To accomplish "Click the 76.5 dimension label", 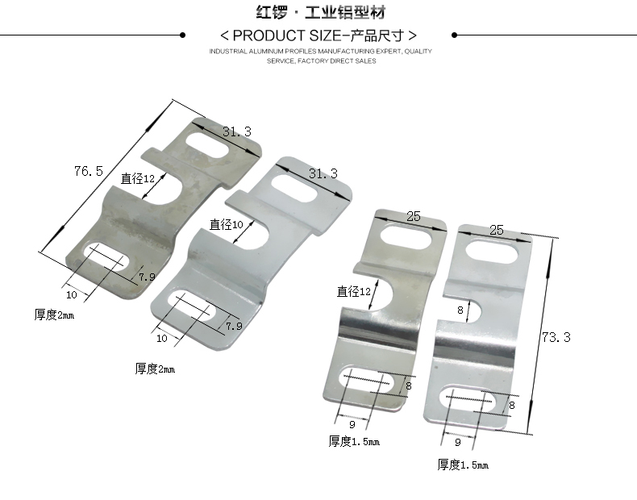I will (x=89, y=171).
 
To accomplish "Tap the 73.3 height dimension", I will (x=556, y=337).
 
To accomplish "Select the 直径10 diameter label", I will (x=226, y=224).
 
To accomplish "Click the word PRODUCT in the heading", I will (x=266, y=35).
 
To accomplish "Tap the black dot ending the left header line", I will (x=182, y=35).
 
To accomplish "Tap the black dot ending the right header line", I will (x=454, y=35).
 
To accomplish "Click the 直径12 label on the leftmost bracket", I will (x=138, y=178).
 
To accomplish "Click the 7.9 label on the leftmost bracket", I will (x=147, y=277).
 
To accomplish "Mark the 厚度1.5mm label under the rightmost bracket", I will (x=463, y=465).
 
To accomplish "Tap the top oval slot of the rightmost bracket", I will (x=490, y=252).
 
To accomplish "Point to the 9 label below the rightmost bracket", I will (x=458, y=443).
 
